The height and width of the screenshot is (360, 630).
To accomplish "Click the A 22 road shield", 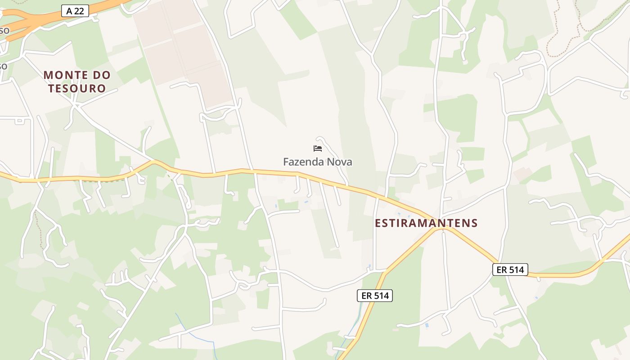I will (x=75, y=11).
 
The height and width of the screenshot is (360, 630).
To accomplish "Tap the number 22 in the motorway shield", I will (x=79, y=11).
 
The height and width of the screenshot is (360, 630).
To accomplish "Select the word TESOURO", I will (x=77, y=88).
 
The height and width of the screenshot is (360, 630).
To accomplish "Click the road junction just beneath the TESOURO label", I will (x=76, y=107).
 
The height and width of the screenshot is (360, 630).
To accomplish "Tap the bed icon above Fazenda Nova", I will (x=318, y=148).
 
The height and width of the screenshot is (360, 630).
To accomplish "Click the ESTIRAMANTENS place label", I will (x=426, y=223).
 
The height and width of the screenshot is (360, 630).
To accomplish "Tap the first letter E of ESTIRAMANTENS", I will (x=378, y=223).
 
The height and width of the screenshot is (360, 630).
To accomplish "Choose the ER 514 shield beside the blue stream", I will (x=375, y=296).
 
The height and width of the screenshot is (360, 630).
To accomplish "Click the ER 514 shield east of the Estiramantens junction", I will (x=510, y=270).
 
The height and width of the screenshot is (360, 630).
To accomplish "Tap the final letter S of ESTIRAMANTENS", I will (x=474, y=223).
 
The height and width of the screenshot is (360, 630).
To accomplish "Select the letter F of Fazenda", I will (x=286, y=162).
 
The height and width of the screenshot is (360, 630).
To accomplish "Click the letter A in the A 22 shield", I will (x=68, y=11).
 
